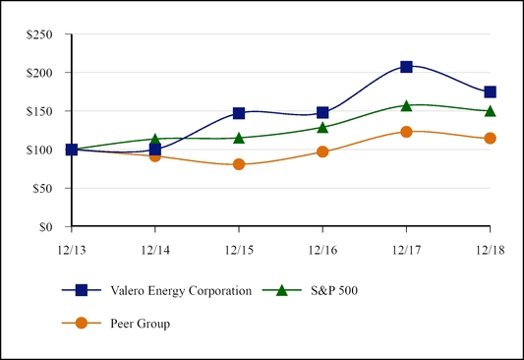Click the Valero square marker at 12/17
(406, 67)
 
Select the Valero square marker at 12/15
(239, 113)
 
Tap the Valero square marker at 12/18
(490, 92)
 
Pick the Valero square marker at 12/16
(322, 113)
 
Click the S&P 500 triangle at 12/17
(406, 105)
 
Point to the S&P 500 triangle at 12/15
(239, 138)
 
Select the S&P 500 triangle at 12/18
(490, 110)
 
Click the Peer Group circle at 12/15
(239, 164)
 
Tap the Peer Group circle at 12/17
(406, 132)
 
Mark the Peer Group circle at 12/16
(322, 151)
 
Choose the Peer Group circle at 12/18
(490, 139)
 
